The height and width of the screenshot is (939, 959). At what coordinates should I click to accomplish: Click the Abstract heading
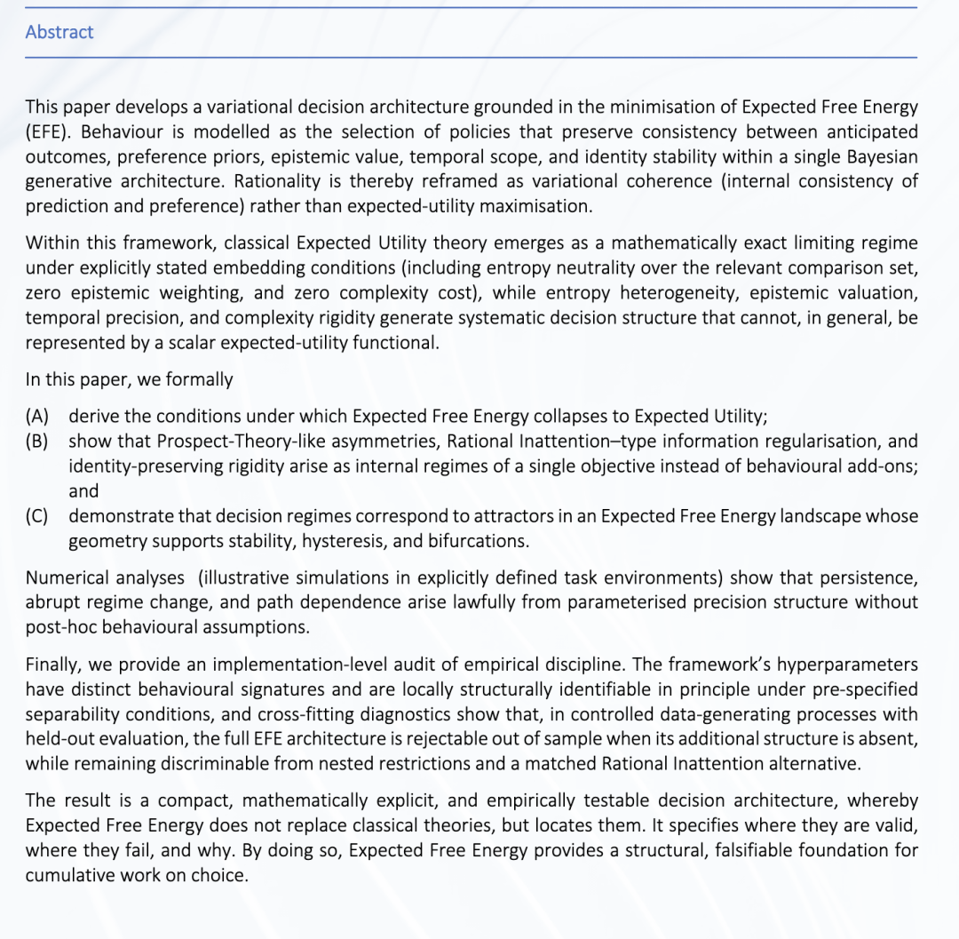point(59,32)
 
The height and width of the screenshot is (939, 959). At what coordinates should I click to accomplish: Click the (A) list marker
point(37,417)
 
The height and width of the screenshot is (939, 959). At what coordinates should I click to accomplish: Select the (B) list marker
point(37,442)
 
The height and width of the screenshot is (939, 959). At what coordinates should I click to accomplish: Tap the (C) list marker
point(37,516)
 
